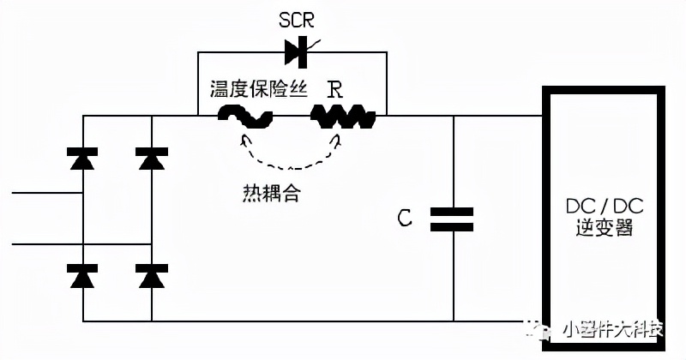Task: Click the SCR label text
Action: (298, 20)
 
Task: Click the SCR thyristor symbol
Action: (298, 53)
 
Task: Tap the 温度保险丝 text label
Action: (258, 90)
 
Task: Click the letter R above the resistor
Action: (336, 90)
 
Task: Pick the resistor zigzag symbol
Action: (342, 117)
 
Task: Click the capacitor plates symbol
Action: (452, 219)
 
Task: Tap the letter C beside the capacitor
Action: (405, 219)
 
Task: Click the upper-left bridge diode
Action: (83, 158)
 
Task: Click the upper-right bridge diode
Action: (151, 158)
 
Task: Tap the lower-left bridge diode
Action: (83, 276)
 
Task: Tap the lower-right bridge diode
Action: (151, 276)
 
